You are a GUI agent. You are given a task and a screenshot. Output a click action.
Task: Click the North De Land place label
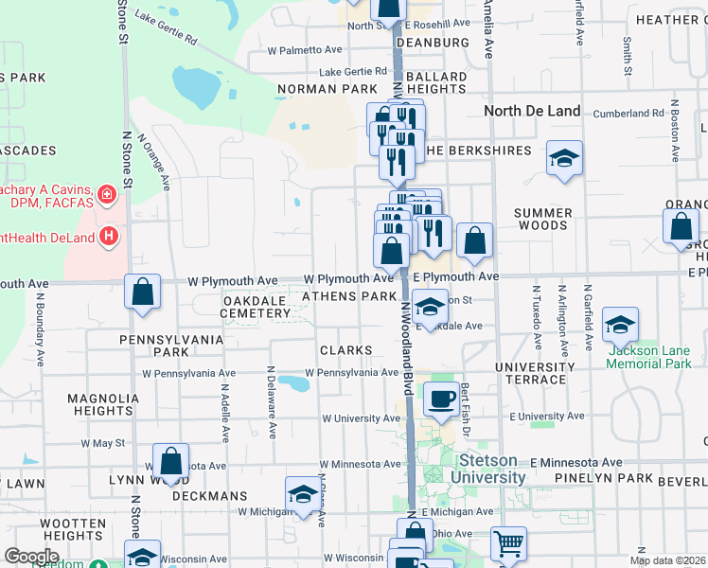point(532,111)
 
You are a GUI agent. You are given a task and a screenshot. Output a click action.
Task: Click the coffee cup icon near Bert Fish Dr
point(440,399)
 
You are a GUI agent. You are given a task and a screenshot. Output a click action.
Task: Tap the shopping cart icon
point(508,543)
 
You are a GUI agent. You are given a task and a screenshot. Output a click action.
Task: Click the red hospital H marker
point(109,234)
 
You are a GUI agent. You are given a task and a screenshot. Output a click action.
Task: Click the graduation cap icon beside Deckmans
point(303,494)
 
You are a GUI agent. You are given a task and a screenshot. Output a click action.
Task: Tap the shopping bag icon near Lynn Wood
point(171,463)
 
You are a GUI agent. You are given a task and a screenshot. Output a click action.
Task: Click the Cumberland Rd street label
point(628,114)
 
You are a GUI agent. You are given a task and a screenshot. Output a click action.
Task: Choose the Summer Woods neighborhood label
point(541,219)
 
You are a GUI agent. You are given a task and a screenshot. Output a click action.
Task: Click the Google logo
point(31,556)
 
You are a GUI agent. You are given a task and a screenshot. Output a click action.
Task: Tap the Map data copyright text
point(667,560)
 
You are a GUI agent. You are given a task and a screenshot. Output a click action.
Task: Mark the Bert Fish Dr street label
point(465,405)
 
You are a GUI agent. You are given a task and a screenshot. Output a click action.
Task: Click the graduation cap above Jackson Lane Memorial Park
point(620,326)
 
